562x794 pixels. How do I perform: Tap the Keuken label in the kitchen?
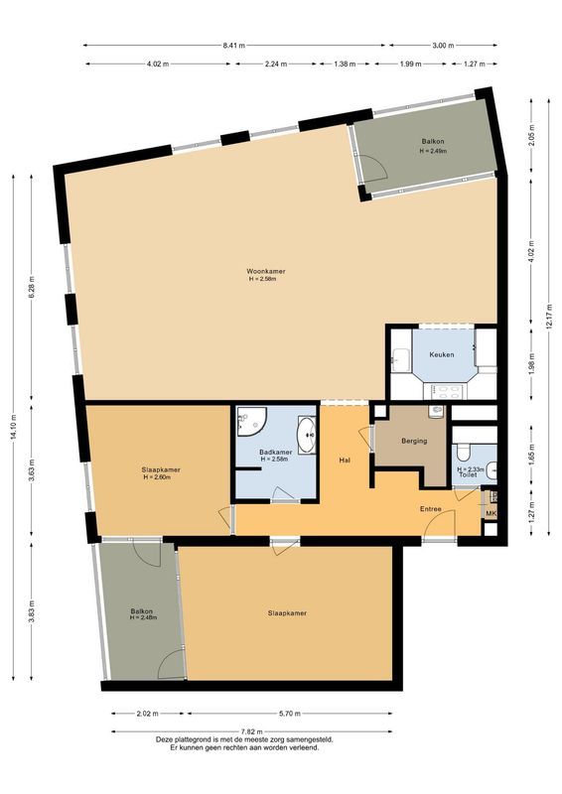(x=442, y=355)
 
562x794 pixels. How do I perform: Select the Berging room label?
(x=415, y=442)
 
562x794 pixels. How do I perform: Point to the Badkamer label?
(x=275, y=452)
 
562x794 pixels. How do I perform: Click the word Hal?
(x=345, y=460)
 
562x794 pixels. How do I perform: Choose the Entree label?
(x=430, y=509)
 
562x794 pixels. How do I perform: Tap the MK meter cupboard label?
(x=490, y=513)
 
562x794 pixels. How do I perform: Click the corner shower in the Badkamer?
(x=249, y=423)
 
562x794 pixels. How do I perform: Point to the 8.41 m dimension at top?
(x=234, y=46)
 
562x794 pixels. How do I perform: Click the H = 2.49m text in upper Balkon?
(x=433, y=152)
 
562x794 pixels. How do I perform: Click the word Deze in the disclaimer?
(x=165, y=739)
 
